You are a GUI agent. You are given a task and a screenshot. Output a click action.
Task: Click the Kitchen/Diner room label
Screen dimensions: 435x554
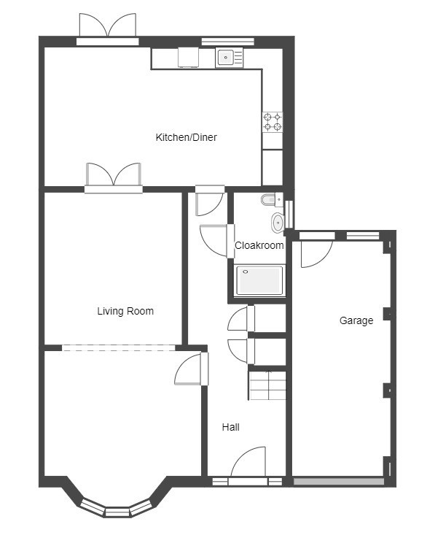[x=186, y=137]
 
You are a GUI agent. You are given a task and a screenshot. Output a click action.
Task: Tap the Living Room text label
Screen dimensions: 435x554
[x=125, y=311]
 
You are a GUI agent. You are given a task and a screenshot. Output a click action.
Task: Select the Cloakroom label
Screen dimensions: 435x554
[x=259, y=245]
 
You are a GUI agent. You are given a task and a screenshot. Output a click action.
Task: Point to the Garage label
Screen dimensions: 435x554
[x=356, y=320]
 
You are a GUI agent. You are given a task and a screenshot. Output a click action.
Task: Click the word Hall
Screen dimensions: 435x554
[x=231, y=427]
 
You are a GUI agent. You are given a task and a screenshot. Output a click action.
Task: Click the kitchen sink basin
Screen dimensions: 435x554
[x=225, y=57]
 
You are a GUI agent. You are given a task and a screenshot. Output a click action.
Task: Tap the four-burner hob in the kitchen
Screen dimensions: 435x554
[x=273, y=122]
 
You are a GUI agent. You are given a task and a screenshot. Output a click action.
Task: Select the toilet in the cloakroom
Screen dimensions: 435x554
[x=272, y=200]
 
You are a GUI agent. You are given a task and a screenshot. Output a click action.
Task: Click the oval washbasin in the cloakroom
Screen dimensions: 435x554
[x=278, y=223]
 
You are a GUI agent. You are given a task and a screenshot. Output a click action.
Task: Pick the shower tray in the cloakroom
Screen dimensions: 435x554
[x=259, y=280]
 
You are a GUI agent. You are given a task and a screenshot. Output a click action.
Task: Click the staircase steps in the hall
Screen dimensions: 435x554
[x=267, y=385]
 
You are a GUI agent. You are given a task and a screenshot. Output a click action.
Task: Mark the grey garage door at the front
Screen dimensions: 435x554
[x=339, y=481]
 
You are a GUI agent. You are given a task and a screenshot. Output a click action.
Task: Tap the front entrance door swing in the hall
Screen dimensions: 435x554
[x=248, y=462]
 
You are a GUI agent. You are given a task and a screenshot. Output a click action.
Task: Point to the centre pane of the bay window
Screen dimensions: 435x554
[x=117, y=512]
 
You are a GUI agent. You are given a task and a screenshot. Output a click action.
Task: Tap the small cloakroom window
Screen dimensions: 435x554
[x=289, y=215]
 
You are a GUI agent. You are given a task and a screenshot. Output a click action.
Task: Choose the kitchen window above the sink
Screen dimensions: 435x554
[x=227, y=42]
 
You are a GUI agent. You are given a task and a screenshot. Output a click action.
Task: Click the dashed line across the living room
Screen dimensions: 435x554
[x=119, y=348]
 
